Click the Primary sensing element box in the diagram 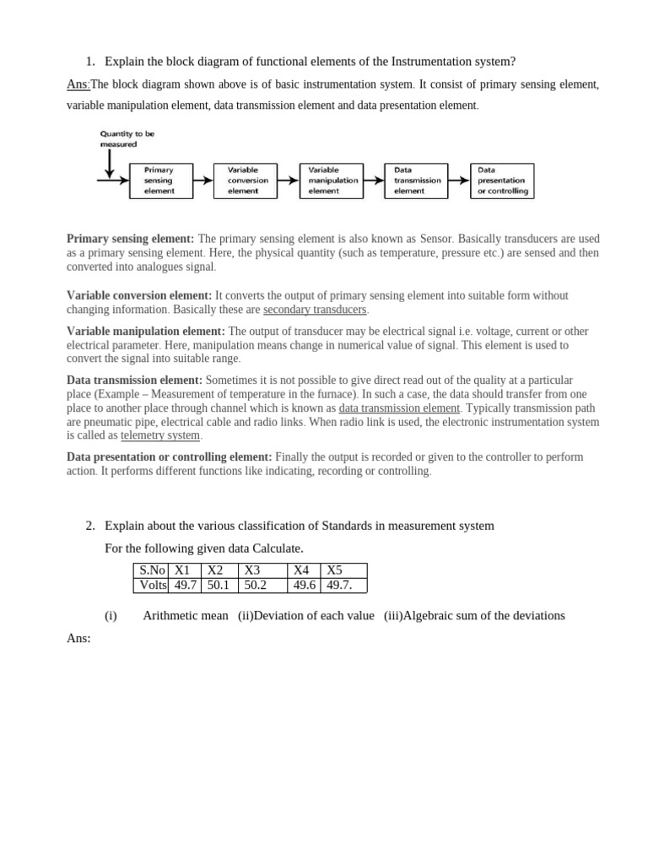[160, 181]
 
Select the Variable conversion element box [246, 181]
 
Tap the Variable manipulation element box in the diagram [332, 181]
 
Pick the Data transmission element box [417, 181]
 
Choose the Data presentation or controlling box [502, 181]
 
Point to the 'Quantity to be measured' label [127, 138]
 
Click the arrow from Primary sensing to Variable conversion [203, 181]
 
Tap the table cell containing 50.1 [219, 586]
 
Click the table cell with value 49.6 [303, 586]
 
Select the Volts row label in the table [152, 586]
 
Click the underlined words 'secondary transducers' [315, 310]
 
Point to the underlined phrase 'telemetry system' [160, 435]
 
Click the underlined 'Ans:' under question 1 [78, 84]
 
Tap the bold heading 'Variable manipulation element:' [146, 332]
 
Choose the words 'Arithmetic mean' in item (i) [186, 616]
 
